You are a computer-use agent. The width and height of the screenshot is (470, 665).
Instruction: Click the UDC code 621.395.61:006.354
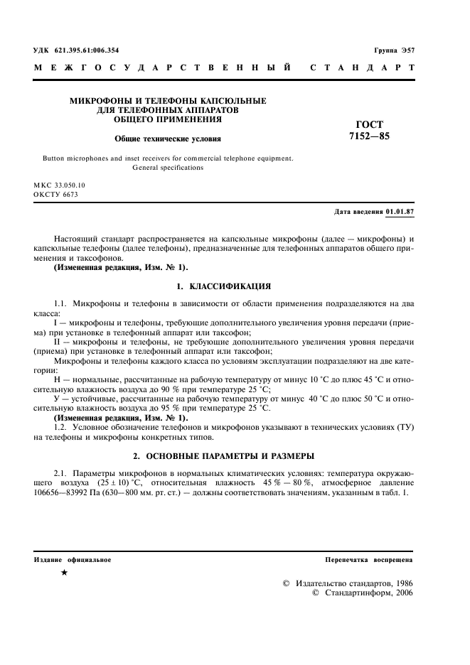(x=85, y=51)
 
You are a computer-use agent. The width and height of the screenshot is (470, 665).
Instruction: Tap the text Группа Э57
(x=393, y=51)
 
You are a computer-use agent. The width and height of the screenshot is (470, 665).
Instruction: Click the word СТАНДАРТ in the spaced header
(x=363, y=69)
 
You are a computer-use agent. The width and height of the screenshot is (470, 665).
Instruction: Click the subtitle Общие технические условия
(x=169, y=139)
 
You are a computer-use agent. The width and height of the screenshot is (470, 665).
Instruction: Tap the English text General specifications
(x=169, y=168)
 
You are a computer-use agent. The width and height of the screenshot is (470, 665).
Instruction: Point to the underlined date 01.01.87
(x=400, y=212)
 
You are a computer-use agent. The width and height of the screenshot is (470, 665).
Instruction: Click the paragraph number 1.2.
(x=60, y=428)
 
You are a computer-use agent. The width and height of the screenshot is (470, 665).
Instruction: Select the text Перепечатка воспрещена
(x=368, y=560)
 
